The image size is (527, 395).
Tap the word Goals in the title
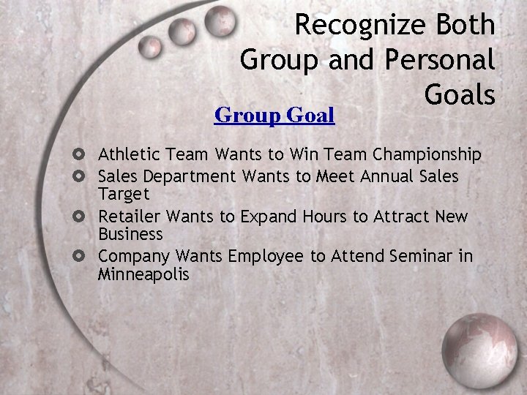click(x=460, y=94)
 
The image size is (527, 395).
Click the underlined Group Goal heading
click(x=274, y=115)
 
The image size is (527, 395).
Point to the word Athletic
click(x=130, y=154)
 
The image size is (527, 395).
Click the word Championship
click(x=427, y=155)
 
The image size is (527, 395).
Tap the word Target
click(x=124, y=194)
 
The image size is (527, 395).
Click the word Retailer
click(x=130, y=217)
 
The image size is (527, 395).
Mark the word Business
click(x=130, y=234)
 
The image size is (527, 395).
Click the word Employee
click(x=266, y=257)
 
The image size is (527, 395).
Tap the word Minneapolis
click(x=143, y=274)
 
